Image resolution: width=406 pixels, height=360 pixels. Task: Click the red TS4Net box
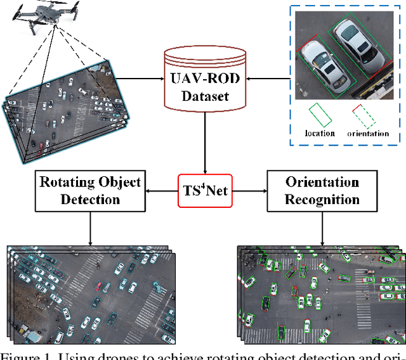pos(205,190)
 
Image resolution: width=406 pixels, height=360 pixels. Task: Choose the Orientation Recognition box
pos(322,191)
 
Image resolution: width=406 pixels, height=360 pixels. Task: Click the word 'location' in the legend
pos(320,133)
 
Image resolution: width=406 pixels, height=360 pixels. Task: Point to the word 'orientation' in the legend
pos(368,133)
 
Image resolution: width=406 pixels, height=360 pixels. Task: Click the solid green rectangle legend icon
pos(320,115)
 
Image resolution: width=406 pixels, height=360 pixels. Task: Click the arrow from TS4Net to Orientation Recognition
pos(250,190)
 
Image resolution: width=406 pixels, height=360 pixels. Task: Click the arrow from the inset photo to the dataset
pos(267,79)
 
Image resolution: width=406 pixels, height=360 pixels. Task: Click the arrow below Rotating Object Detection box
pos(89,229)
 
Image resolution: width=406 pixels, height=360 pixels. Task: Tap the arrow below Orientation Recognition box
pos(322,229)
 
